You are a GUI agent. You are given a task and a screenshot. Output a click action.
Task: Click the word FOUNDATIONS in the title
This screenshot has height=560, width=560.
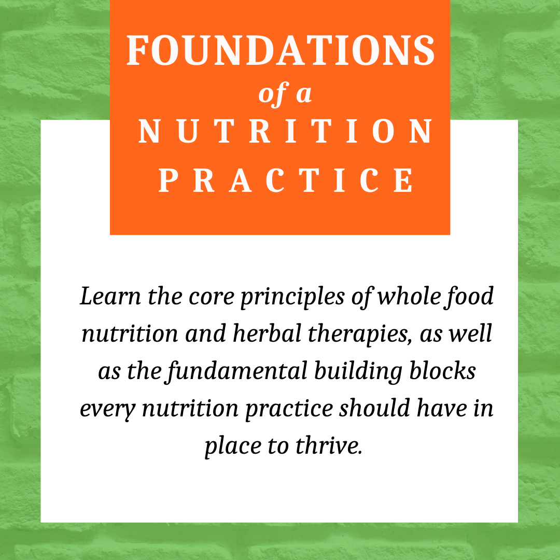[x=281, y=50]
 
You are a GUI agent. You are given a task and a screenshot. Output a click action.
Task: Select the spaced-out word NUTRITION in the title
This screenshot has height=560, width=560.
[x=285, y=131]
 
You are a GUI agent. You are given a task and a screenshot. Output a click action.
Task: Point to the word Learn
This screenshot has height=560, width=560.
[x=110, y=297]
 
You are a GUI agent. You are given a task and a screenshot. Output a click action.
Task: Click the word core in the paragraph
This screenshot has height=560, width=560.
[x=212, y=298]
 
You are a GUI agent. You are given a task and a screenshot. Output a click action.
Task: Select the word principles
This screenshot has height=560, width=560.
[x=292, y=298]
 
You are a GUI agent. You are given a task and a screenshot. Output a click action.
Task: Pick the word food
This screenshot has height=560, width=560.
[x=469, y=297]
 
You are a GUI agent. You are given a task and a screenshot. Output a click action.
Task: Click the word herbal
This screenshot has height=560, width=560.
[x=267, y=333]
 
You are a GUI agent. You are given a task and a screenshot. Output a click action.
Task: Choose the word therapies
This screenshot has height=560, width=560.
[x=358, y=335]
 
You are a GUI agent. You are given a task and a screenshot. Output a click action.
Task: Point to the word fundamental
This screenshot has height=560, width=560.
[x=236, y=371]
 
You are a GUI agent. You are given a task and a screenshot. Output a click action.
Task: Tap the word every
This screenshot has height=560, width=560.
[x=108, y=410]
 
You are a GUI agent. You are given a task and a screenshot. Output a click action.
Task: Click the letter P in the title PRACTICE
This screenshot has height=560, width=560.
[x=168, y=180]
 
